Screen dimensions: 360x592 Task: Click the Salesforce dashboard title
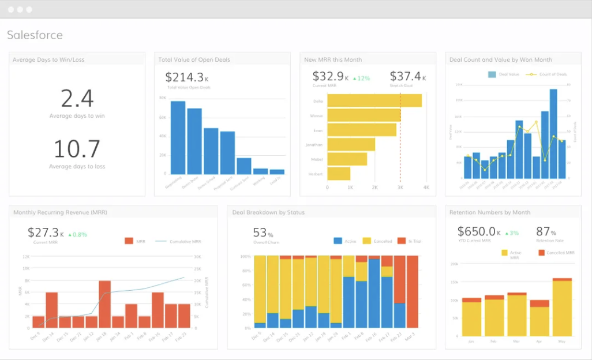click(x=35, y=35)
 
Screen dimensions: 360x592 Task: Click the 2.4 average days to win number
click(x=77, y=99)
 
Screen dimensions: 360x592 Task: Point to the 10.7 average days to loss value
click(x=77, y=149)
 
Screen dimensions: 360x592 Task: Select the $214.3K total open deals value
click(x=185, y=77)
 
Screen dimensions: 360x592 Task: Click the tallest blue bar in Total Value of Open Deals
click(x=178, y=137)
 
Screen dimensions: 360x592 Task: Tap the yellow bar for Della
click(x=374, y=100)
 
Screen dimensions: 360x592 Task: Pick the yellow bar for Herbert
click(x=339, y=174)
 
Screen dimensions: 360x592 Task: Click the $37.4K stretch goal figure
click(x=405, y=76)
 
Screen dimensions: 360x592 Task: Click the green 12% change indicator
click(x=361, y=78)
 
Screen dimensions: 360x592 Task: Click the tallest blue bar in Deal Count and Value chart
click(x=553, y=133)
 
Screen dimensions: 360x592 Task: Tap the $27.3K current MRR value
click(x=44, y=232)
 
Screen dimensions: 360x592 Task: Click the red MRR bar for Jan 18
click(x=104, y=305)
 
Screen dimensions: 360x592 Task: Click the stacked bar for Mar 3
click(x=412, y=292)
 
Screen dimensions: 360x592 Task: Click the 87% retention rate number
click(x=546, y=232)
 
